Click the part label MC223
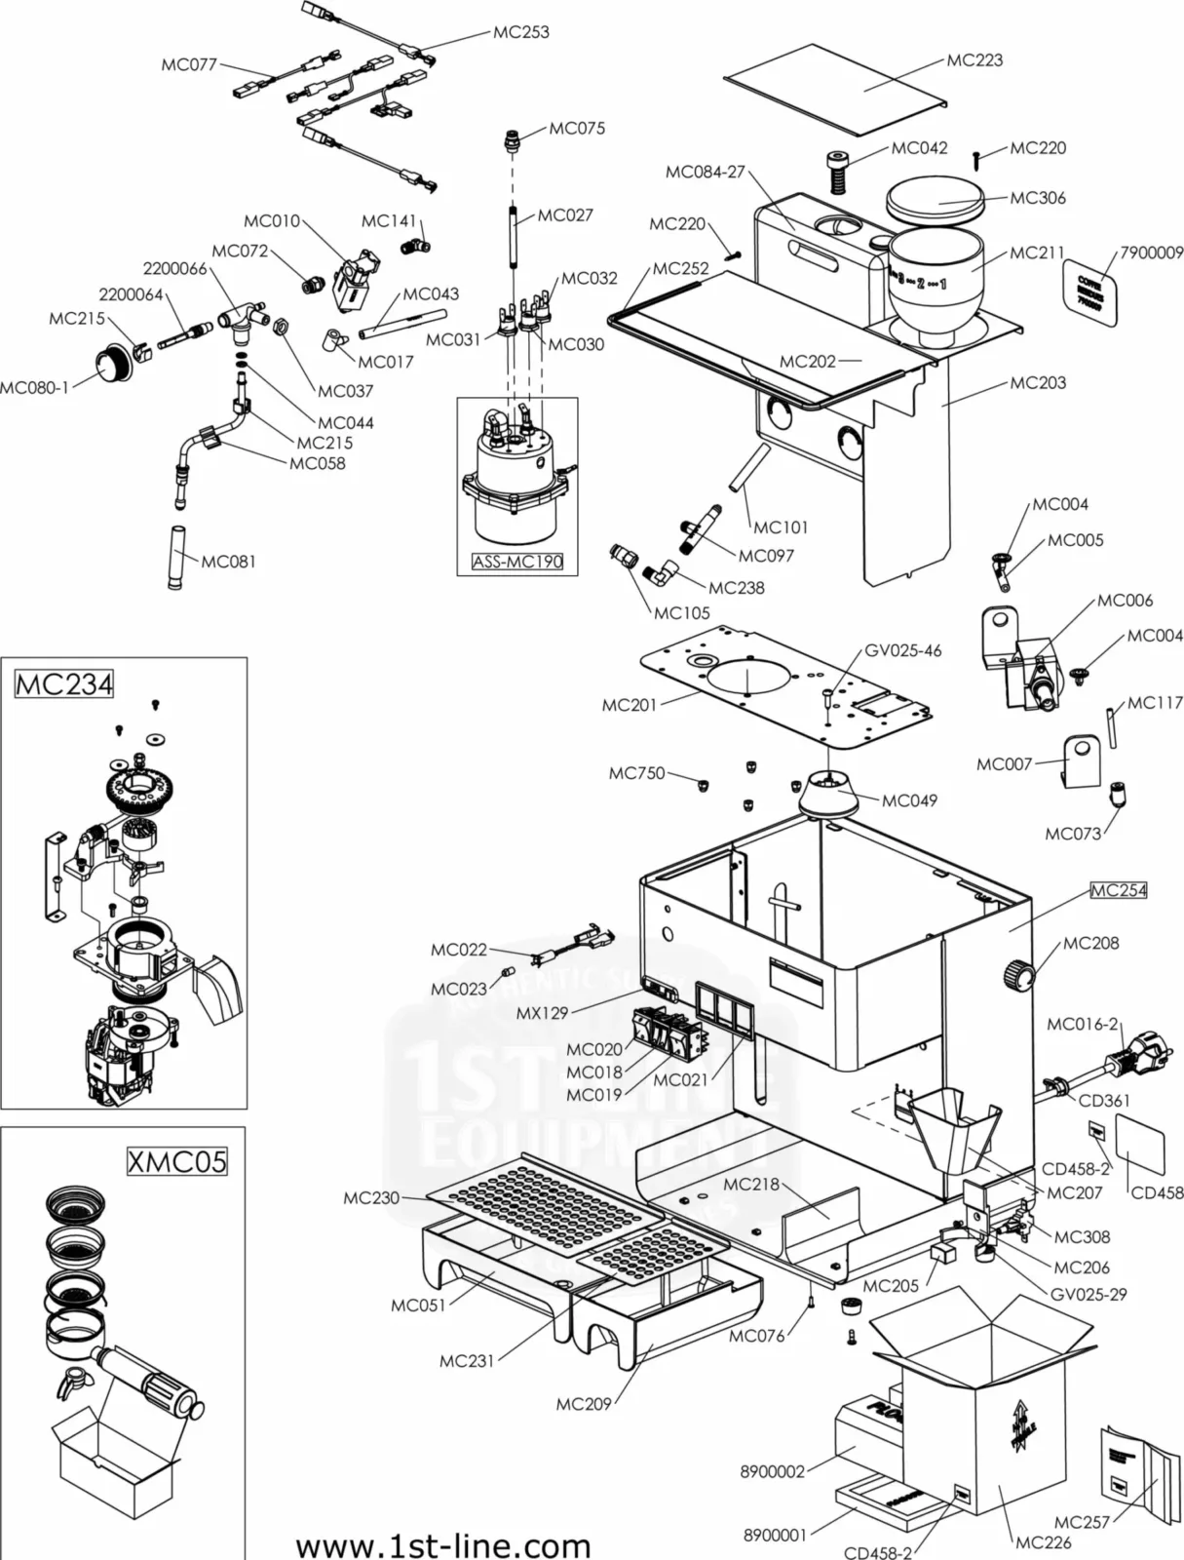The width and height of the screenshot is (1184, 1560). (x=974, y=60)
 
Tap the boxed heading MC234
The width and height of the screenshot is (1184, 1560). (x=64, y=684)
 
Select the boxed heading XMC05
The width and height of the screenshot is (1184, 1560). (x=177, y=1161)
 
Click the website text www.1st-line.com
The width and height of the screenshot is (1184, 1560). (x=443, y=1545)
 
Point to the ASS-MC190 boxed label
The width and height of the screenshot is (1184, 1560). (x=517, y=563)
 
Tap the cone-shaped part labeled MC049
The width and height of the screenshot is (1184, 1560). (x=828, y=795)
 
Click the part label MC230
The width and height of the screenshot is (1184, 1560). (x=371, y=1197)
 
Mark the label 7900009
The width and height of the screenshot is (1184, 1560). (x=1151, y=253)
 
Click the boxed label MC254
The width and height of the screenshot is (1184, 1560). (x=1118, y=890)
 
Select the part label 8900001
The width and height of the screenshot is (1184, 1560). (x=775, y=1536)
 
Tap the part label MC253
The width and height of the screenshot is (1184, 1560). (x=520, y=32)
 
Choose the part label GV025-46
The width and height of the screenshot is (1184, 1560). (x=902, y=650)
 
